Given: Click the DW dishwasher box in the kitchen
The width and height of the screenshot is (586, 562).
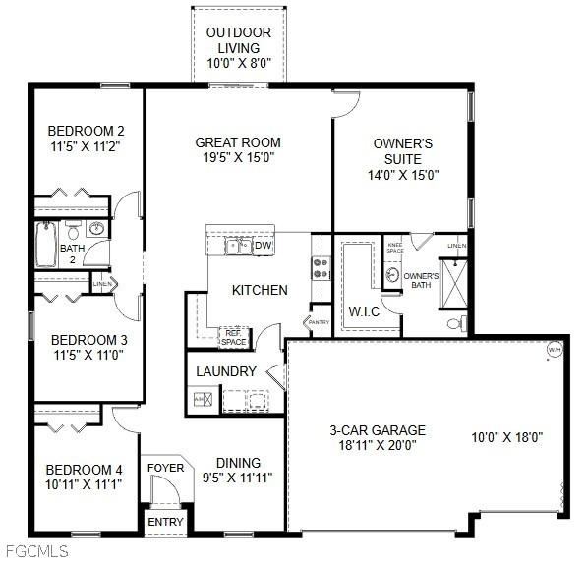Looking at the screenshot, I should coord(263,246).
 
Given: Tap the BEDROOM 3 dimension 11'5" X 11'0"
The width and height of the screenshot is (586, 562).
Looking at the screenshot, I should coord(89,357).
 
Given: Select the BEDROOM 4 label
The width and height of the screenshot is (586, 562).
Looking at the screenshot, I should coord(85,469).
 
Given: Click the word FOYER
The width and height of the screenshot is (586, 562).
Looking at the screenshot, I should coord(165,468).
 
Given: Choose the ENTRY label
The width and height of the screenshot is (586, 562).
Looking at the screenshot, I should coord(165,522).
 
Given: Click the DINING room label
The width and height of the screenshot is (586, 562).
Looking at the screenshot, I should coord(238,463).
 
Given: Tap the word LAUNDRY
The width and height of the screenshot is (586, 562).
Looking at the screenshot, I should coord(226,372).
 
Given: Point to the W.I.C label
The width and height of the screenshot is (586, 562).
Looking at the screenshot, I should coord(365,311).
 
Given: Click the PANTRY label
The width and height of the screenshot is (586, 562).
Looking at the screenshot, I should coord(319,322).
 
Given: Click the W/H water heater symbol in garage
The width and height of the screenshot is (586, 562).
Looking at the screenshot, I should coord(554,349).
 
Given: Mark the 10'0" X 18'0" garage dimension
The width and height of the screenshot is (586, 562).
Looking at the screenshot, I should coord(507,437).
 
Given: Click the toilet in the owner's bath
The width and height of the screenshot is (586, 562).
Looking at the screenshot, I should coord(454,322).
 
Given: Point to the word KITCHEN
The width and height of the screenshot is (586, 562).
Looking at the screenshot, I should coord(260,290).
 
